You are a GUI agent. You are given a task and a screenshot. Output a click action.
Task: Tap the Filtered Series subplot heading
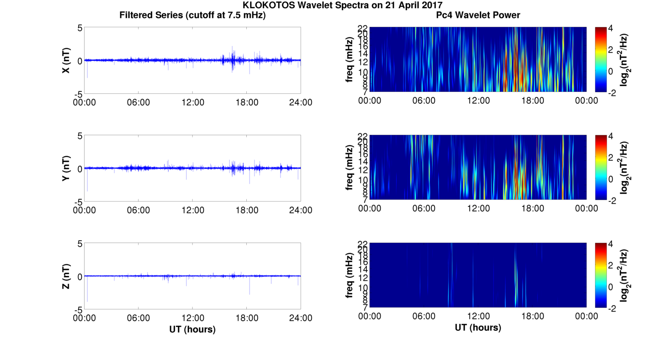[x=192, y=15]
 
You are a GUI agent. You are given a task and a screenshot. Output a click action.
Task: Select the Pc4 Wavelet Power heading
[x=478, y=15]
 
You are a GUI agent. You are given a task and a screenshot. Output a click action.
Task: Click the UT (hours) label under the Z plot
[x=192, y=329]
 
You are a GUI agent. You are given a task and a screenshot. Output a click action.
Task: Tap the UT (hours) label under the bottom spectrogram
[x=478, y=328]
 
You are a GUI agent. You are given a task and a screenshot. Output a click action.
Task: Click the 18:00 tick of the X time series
[x=247, y=102]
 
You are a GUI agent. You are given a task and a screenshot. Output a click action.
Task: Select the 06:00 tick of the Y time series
[x=138, y=210]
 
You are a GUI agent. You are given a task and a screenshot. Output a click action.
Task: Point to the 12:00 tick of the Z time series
[x=192, y=318]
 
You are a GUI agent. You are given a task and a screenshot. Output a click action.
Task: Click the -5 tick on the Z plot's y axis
[x=77, y=309]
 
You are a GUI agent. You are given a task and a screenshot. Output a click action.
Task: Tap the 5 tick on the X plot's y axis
[x=80, y=28]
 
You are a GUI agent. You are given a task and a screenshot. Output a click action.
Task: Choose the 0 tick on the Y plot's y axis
[x=80, y=169]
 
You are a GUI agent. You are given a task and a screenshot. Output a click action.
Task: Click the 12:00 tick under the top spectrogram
[x=478, y=101]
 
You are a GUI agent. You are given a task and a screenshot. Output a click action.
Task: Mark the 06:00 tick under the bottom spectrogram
[x=424, y=316]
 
